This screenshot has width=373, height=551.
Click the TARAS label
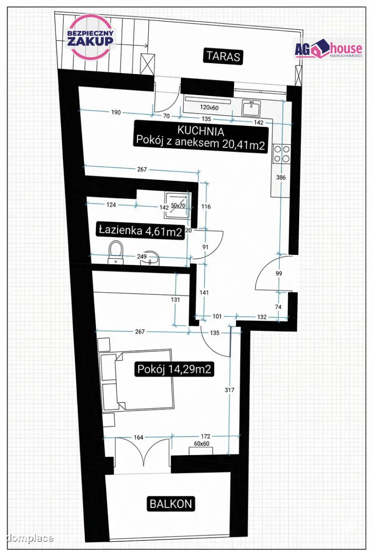(223, 56)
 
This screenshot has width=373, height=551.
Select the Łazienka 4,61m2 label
(140, 231)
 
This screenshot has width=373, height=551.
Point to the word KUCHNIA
(201, 131)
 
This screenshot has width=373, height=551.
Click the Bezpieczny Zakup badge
(90, 37)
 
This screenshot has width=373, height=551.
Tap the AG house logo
(328, 49)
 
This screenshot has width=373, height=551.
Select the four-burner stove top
(282, 154)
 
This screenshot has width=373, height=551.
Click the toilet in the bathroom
(116, 253)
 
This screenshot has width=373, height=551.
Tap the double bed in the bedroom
(137, 380)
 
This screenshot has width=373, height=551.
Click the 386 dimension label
(281, 177)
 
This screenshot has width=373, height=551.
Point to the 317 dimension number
(229, 390)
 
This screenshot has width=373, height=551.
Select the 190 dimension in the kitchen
(116, 112)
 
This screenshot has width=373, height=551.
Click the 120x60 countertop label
(209, 107)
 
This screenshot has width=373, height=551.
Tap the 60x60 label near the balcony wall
(201, 444)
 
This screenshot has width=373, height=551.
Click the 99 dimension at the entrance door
(278, 273)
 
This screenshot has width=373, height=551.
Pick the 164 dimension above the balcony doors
(139, 437)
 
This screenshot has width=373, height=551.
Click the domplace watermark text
(30, 538)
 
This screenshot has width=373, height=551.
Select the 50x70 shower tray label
(178, 205)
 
